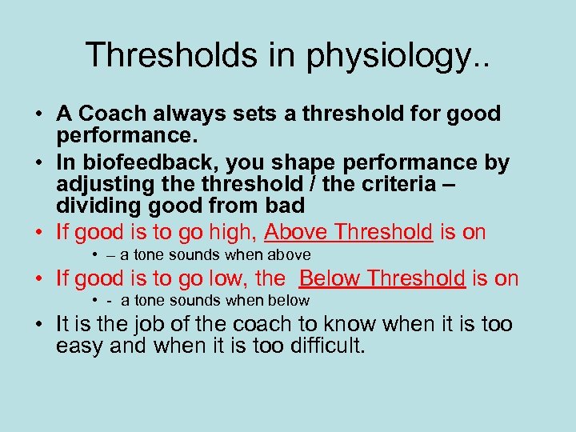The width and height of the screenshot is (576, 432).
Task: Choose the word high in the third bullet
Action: pyautogui.click(x=231, y=233)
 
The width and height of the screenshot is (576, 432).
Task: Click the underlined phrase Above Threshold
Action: pyautogui.click(x=349, y=233)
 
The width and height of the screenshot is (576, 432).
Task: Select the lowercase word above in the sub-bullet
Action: pyautogui.click(x=290, y=255)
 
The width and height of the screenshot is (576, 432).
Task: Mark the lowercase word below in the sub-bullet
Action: pyautogui.click(x=290, y=301)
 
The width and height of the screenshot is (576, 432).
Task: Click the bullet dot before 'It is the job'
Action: pyautogui.click(x=40, y=324)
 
